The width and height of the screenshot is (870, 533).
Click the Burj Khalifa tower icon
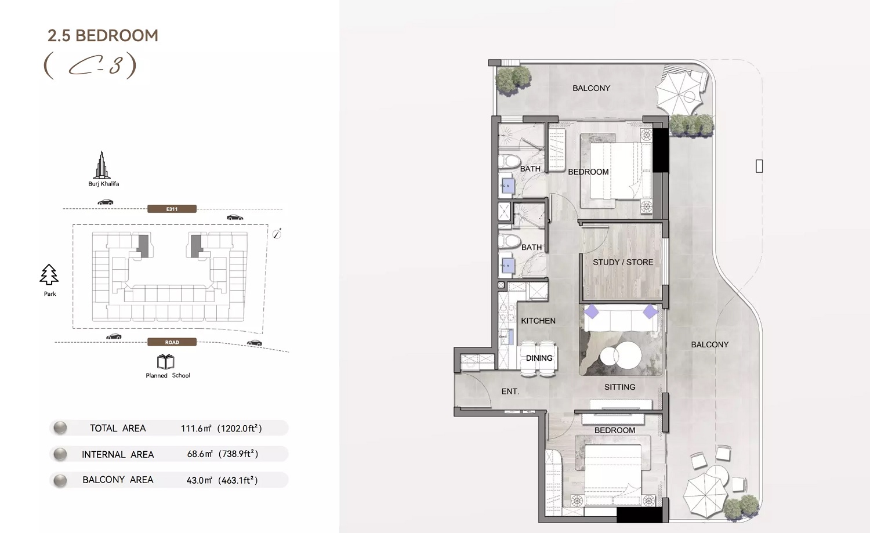click(103, 165)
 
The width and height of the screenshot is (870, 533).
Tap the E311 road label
click(172, 209)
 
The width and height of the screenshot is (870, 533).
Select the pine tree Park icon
click(49, 275)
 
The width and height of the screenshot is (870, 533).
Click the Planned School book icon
click(166, 362)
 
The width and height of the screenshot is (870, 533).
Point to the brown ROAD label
click(172, 342)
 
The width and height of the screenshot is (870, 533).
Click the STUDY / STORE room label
click(622, 262)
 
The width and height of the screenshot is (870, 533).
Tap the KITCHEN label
click(538, 321)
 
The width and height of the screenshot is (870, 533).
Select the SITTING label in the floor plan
click(619, 387)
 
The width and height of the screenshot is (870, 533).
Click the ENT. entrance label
click(510, 391)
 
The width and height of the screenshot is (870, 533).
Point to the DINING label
click(539, 358)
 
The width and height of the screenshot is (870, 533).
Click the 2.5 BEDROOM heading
click(103, 35)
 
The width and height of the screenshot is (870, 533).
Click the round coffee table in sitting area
click(622, 355)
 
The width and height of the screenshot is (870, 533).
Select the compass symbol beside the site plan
click(277, 233)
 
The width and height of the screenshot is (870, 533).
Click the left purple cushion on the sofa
click(591, 311)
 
